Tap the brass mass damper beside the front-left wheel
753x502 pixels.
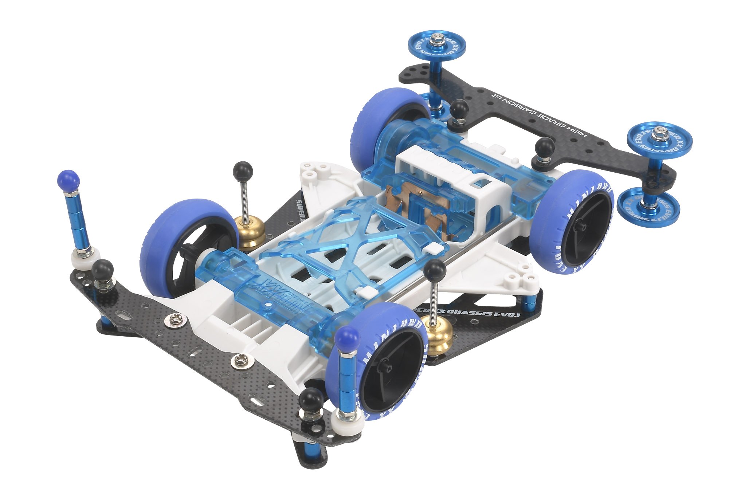coord(249,230)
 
